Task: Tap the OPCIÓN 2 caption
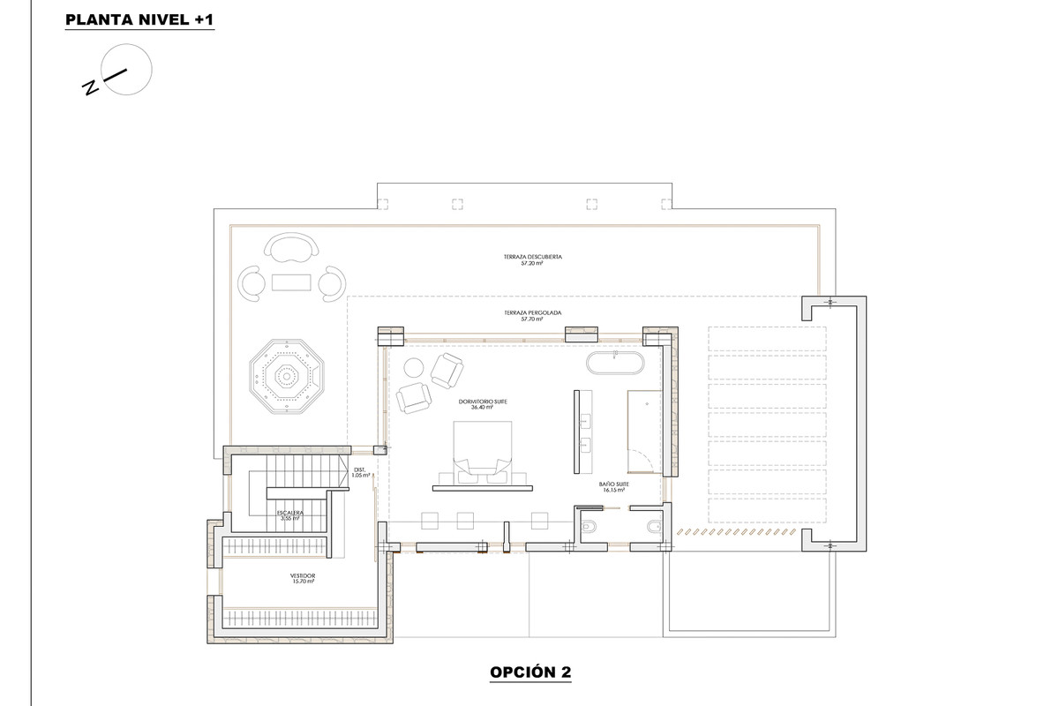coord(529,672)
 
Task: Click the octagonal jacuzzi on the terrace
coord(284,377)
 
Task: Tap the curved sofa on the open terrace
coord(291,248)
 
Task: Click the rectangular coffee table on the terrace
coord(291,282)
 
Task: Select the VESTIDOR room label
coord(303,576)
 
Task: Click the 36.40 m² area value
coord(480,408)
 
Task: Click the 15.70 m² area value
coord(303,582)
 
